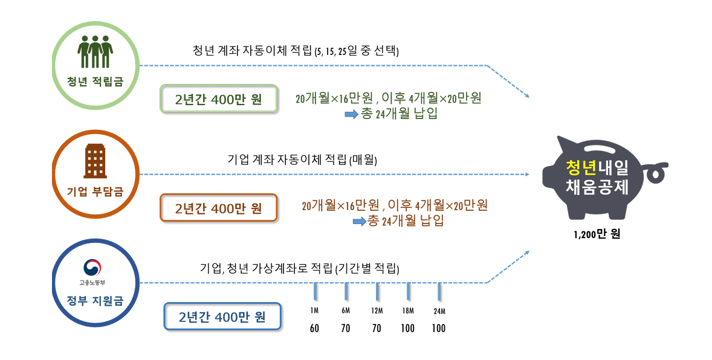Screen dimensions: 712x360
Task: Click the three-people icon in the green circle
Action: [95, 52]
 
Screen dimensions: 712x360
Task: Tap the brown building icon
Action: [95, 160]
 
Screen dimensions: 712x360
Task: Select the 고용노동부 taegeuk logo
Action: [95, 268]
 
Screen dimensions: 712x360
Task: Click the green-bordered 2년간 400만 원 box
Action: [219, 99]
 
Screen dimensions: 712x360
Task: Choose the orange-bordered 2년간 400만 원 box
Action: [219, 208]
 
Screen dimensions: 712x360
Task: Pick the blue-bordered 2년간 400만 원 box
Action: [222, 317]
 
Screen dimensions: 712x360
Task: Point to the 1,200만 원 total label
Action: [597, 235]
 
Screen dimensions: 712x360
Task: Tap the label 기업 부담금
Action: [95, 192]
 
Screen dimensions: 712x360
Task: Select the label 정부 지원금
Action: [95, 299]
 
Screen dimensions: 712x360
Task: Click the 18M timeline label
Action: [408, 310]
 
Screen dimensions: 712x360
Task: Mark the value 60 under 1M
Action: [314, 329]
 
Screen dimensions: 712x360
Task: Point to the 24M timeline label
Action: [439, 311]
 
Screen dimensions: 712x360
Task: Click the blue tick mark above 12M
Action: [377, 292]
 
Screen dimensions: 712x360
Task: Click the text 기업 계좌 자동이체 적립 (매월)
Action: [302, 160]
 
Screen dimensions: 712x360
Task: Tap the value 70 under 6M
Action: [346, 329]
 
